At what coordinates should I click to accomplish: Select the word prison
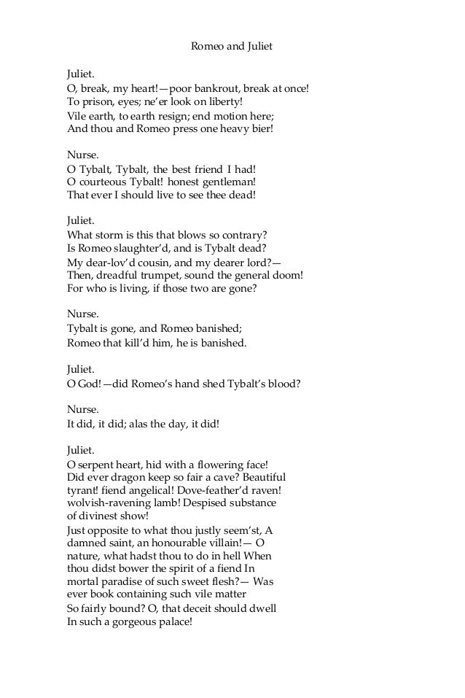95,102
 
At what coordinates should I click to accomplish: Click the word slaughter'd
141,249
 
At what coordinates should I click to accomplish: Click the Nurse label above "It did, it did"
82,409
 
